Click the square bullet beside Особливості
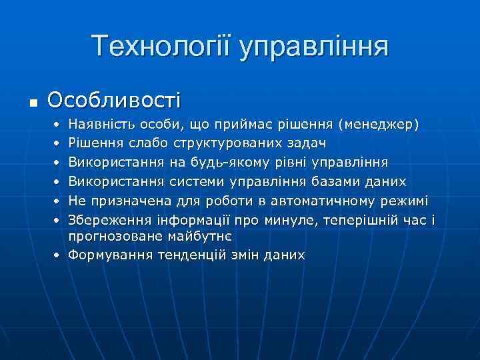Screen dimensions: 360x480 coord(32,103)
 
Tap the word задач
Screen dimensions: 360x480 coord(309,143)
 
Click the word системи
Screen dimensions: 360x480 coord(199,181)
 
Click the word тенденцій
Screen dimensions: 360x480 coord(193,255)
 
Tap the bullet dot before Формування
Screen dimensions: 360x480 coord(59,255)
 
